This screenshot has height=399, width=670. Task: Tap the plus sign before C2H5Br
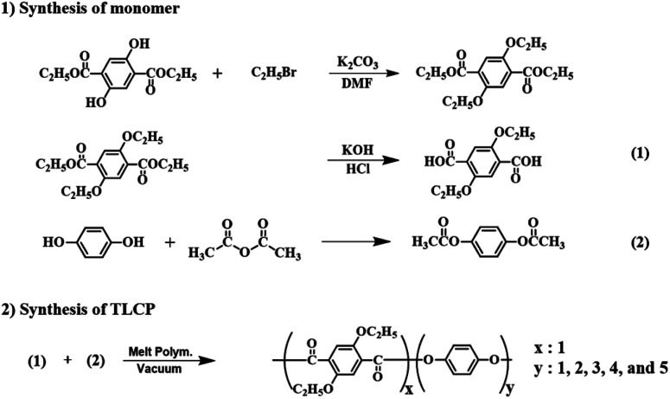217,74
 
